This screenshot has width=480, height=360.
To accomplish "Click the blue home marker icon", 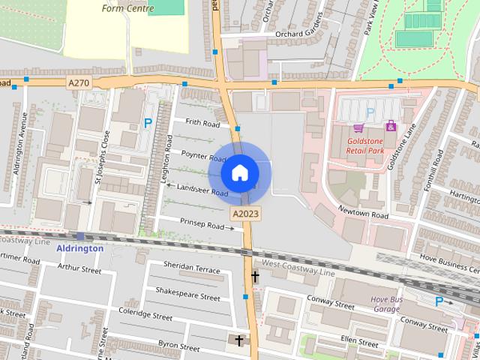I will tap(240, 173).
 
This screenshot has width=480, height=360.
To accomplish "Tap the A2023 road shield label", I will tap(245, 214).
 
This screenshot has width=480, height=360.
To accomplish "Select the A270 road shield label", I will tap(79, 82).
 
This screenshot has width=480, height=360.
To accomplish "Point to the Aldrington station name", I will tap(79, 248).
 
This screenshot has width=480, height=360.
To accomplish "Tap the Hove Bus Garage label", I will tap(387, 304).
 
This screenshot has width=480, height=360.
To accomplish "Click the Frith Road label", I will tap(202, 123).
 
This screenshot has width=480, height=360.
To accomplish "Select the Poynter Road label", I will tap(203, 156).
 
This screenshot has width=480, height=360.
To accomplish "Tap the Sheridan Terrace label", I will tap(192, 268).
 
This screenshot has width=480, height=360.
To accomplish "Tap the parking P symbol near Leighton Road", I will tap(148, 122).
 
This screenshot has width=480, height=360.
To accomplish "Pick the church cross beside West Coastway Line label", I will tap(255, 277).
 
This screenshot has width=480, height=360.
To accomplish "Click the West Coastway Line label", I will tap(298, 268).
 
